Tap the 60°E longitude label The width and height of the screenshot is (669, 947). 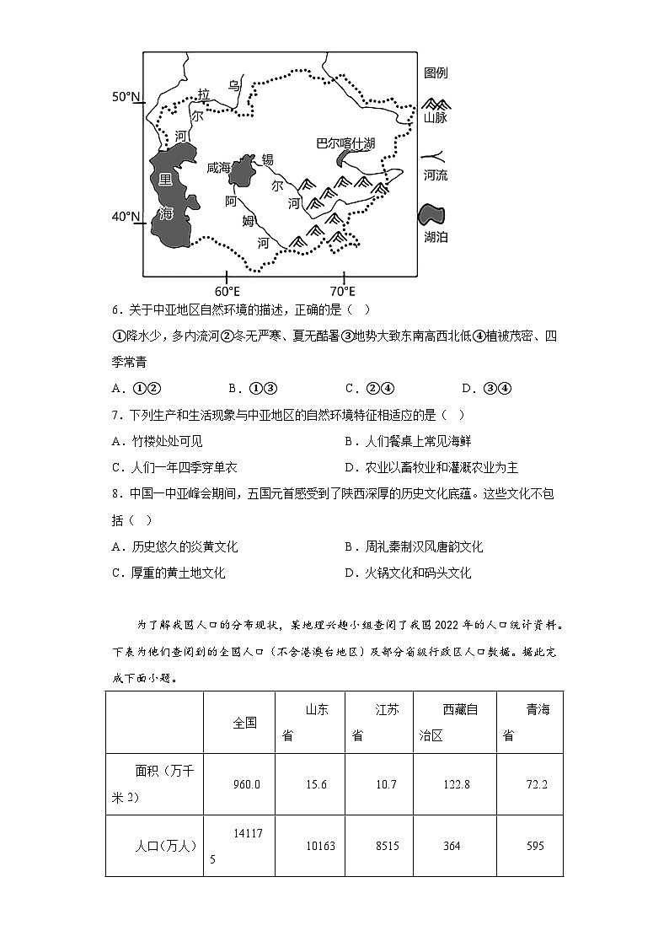click(227, 292)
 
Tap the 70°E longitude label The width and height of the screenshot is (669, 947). click(343, 292)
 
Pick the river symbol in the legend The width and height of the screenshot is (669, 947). click(435, 158)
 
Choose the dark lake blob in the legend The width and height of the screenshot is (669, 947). click(432, 215)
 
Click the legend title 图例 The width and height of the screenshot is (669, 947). click(436, 73)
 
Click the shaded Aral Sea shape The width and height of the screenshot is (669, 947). click(244, 171)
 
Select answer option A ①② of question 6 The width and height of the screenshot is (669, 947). click(136, 388)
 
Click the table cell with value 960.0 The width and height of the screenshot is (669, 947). click(247, 784)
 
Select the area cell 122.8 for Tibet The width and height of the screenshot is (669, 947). click(456, 784)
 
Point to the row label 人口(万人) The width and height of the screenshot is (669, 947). click(165, 846)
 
